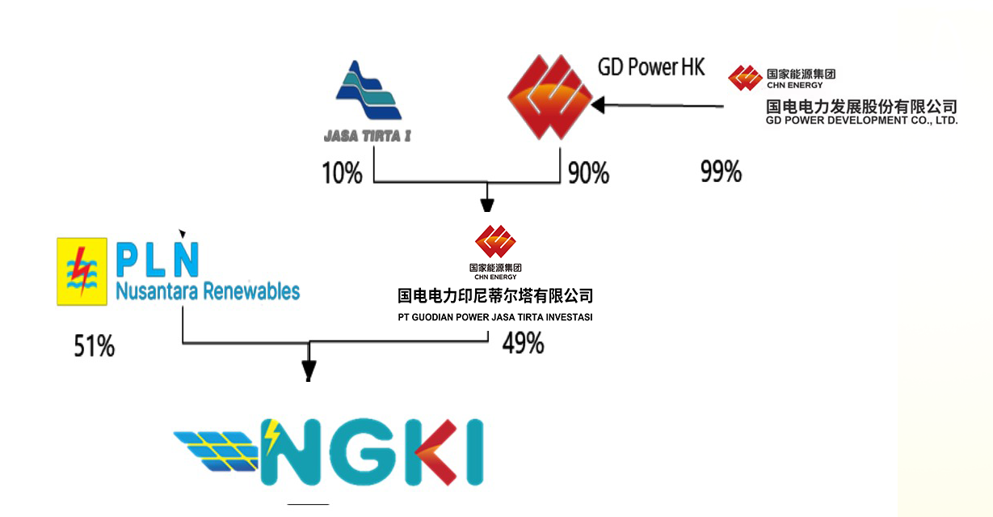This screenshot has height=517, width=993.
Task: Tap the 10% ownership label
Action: tap(342, 172)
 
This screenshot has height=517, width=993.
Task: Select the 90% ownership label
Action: tap(588, 172)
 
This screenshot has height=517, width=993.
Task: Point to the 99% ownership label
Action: tap(720, 171)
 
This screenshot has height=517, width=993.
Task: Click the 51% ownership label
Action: tap(94, 346)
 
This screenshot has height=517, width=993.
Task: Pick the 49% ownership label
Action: tap(523, 343)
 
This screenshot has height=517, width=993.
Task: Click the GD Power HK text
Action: tap(651, 67)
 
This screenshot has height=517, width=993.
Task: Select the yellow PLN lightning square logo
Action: tap(82, 271)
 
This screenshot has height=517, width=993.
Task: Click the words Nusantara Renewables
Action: tap(207, 291)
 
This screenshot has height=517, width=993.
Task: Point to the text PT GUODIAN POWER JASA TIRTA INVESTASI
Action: tap(495, 317)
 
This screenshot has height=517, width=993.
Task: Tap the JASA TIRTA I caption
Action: tap(367, 136)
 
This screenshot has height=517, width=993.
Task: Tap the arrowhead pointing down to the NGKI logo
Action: tap(308, 371)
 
